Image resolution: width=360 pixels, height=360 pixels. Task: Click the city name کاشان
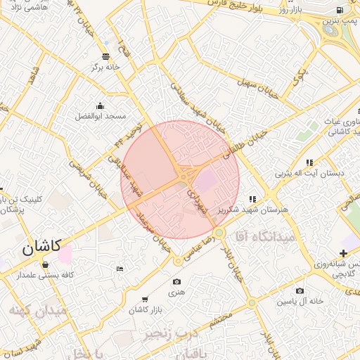(x=41, y=247)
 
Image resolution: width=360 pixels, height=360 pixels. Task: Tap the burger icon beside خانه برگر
(x=105, y=56)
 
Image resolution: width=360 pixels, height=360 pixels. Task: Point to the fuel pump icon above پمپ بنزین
(x=340, y=10)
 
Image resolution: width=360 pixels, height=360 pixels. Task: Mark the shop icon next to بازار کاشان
(x=145, y=299)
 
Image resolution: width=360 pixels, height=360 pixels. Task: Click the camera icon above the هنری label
(x=176, y=282)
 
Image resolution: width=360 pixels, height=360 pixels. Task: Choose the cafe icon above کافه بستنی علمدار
(x=46, y=265)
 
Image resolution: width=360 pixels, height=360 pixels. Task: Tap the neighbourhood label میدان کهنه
(x=39, y=309)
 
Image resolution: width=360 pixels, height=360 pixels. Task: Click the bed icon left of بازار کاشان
(x=120, y=269)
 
